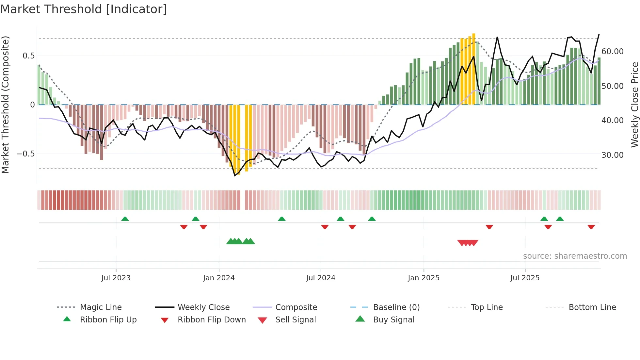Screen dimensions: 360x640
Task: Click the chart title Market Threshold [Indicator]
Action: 84,9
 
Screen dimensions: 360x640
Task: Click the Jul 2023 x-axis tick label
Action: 116,278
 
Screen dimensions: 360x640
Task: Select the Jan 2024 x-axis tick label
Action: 219,278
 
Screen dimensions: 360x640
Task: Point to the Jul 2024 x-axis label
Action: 321,278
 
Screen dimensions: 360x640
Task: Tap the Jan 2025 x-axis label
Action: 424,278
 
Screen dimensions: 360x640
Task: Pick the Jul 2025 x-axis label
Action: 525,278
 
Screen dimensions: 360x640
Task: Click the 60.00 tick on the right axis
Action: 612,52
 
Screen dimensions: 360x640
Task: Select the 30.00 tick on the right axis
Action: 612,155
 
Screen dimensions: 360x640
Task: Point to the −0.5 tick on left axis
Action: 25,154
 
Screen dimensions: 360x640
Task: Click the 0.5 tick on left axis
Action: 28,56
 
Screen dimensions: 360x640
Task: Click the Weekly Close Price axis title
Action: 634,105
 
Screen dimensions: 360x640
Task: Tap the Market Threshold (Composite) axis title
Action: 5,105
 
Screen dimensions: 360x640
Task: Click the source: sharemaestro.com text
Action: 575,256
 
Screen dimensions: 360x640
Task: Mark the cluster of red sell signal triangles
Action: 468,243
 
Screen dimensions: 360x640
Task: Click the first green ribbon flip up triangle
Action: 125,219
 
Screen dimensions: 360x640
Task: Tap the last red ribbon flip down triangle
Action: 591,227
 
